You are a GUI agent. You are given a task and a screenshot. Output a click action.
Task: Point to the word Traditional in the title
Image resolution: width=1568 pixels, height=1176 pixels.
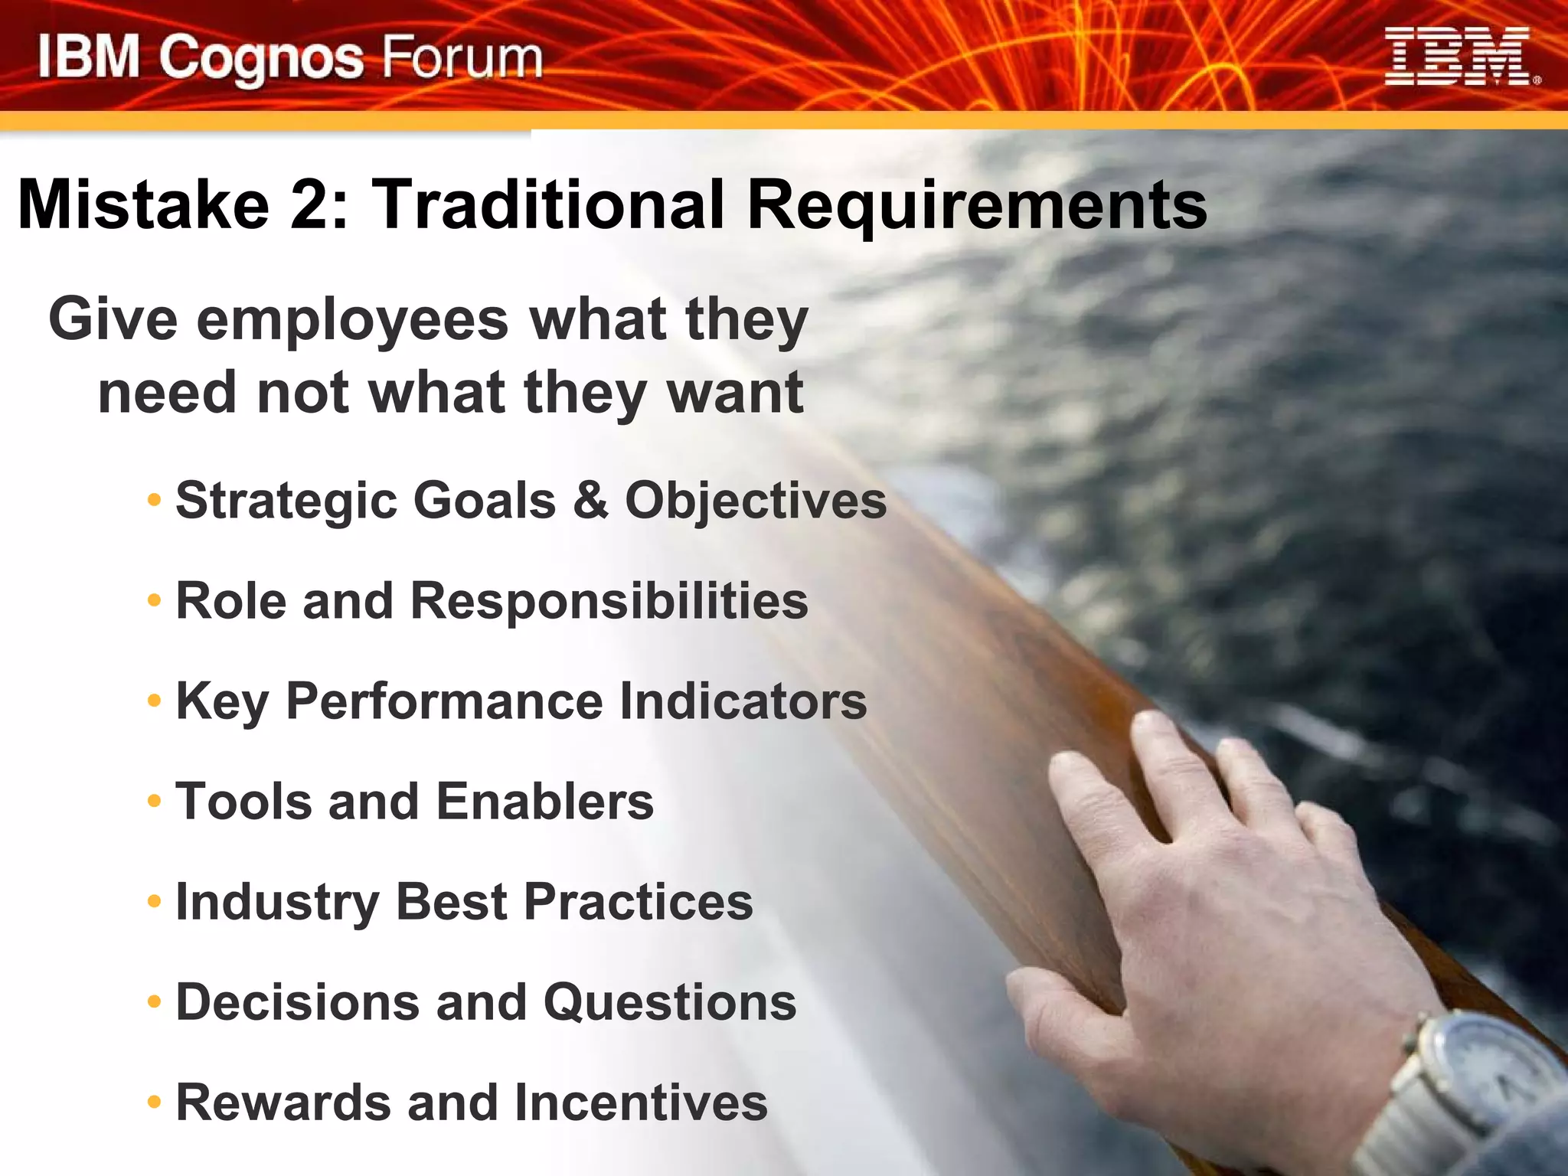click(547, 204)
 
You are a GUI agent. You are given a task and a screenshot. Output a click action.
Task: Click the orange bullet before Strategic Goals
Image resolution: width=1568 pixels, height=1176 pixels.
click(155, 501)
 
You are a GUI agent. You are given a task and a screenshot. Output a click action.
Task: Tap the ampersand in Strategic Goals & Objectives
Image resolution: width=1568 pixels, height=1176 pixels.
click(590, 501)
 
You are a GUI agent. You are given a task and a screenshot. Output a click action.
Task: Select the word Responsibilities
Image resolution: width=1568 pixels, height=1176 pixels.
click(609, 601)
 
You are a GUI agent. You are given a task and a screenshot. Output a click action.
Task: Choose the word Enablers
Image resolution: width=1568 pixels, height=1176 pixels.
click(545, 802)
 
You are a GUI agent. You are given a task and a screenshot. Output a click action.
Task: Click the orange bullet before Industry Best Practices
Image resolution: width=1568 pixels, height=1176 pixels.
click(155, 902)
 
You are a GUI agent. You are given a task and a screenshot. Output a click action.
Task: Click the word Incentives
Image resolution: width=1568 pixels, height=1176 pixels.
click(641, 1102)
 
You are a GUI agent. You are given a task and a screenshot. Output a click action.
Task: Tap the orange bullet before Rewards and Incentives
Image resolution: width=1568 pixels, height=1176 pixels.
click(155, 1102)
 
